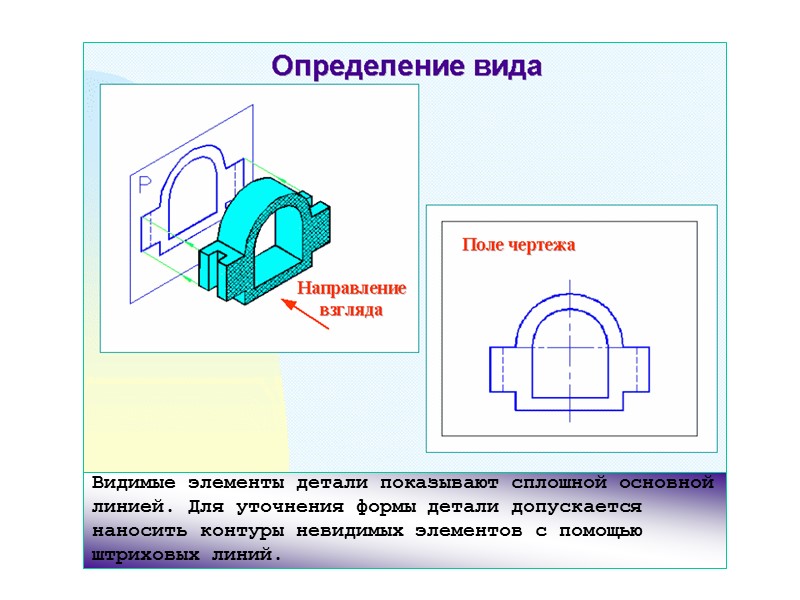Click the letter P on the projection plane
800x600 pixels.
point(144,184)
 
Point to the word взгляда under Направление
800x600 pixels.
point(352,309)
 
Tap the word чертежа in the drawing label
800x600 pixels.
point(542,245)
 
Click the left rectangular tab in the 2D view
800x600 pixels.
point(502,369)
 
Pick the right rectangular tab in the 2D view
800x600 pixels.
point(637,369)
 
